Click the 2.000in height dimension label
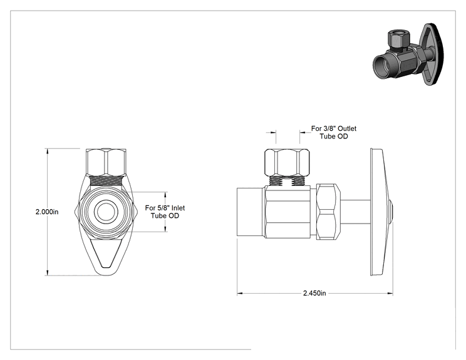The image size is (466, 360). [x=47, y=212]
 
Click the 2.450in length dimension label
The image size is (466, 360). [x=314, y=293]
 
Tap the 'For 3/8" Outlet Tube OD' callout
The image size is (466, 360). [x=334, y=133]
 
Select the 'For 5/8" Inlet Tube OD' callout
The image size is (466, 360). [x=165, y=212]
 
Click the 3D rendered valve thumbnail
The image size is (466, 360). [x=408, y=54]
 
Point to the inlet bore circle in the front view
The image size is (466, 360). [x=106, y=212]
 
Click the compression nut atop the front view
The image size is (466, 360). [x=106, y=162]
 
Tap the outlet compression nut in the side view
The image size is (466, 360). [x=287, y=162]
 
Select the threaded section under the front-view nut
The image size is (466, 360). [x=106, y=181]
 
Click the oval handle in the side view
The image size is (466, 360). [x=380, y=212]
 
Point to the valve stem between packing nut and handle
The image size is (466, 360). [x=355, y=212]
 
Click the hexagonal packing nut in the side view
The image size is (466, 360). [x=328, y=212]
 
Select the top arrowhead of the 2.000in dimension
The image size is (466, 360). [x=47, y=152]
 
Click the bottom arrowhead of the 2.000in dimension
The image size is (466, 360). [x=47, y=272]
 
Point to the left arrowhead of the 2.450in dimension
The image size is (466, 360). [x=241, y=294]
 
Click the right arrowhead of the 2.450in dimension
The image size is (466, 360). [x=390, y=294]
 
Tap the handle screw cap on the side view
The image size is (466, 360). [x=391, y=212]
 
